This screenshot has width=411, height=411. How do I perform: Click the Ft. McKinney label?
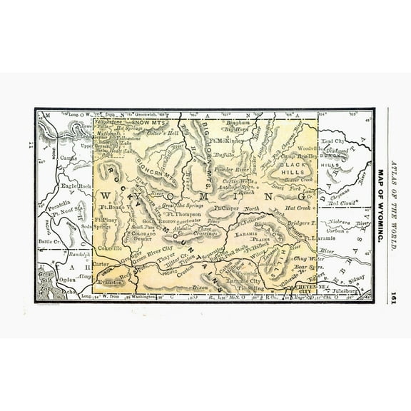click(x=225, y=141)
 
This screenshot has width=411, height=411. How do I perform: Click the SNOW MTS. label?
click(x=148, y=123)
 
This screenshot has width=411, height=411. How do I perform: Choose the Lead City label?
click(x=333, y=142)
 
